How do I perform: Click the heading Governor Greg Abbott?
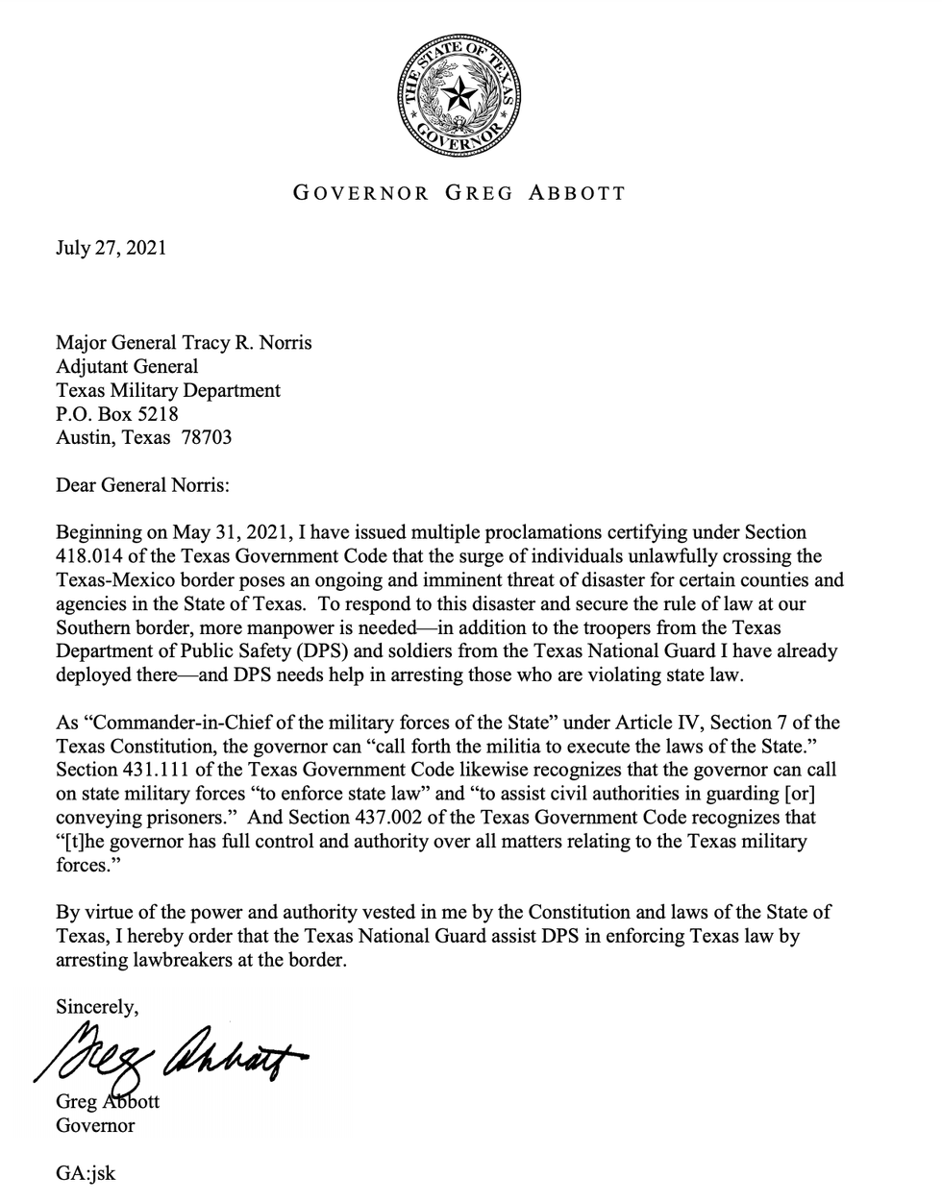click(459, 193)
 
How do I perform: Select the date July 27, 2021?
click(111, 248)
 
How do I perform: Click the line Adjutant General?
click(127, 366)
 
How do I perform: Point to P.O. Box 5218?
click(116, 414)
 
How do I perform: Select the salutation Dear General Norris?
click(142, 484)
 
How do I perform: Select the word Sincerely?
click(97, 1007)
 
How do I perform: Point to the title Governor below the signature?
click(95, 1125)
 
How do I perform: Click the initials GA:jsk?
click(86, 1173)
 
